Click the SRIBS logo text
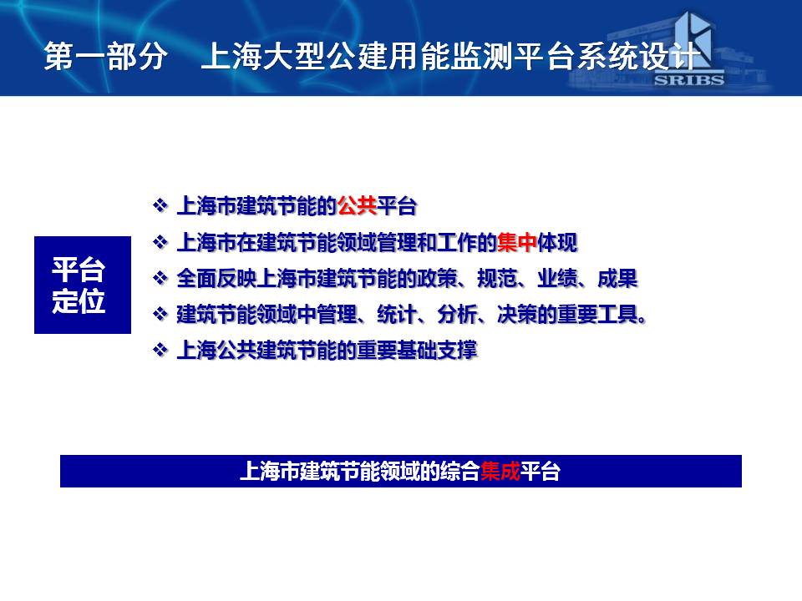pyautogui.click(x=689, y=80)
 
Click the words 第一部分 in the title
pyautogui.click(x=105, y=56)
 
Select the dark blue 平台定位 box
pyautogui.click(x=83, y=285)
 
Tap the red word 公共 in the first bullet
pyautogui.click(x=357, y=206)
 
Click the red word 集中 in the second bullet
pyautogui.click(x=516, y=242)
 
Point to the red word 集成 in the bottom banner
pyautogui.click(x=500, y=471)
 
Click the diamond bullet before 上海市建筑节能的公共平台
pyautogui.click(x=160, y=205)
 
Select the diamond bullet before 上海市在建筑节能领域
pyautogui.click(x=160, y=242)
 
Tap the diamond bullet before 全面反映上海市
pyautogui.click(x=160, y=278)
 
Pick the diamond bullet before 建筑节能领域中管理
pyautogui.click(x=160, y=314)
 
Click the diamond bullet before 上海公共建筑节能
pyautogui.click(x=160, y=350)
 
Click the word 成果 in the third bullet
pyautogui.click(x=617, y=279)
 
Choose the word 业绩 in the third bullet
pyautogui.click(x=557, y=279)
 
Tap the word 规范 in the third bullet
pyautogui.click(x=497, y=279)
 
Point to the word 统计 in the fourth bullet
pyautogui.click(x=397, y=315)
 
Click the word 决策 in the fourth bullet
pyautogui.click(x=517, y=315)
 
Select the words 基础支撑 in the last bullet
pyautogui.click(x=437, y=351)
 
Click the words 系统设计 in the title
pyautogui.click(x=639, y=56)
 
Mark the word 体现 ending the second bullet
pyautogui.click(x=557, y=242)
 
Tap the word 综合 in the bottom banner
pyautogui.click(x=460, y=471)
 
